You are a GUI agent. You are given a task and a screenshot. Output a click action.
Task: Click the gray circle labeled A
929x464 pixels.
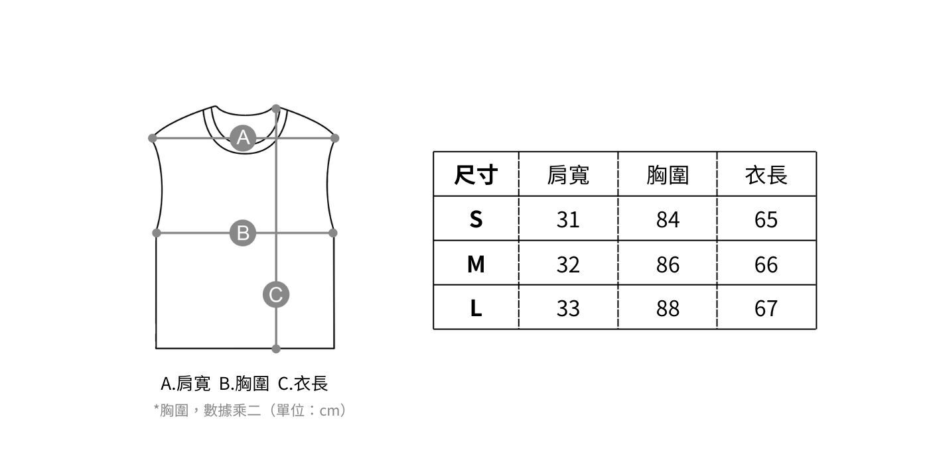[243, 138]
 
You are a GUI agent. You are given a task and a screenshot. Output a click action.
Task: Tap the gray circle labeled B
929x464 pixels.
[243, 233]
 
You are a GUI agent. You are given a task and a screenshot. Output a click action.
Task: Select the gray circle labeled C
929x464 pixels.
[276, 294]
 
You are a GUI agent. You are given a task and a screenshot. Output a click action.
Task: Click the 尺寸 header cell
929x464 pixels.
[476, 175]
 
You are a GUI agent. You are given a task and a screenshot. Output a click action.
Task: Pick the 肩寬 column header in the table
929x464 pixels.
[568, 175]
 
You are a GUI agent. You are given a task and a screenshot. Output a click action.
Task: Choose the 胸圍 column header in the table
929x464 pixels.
[668, 175]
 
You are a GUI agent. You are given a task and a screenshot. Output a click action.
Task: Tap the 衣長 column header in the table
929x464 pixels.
[766, 175]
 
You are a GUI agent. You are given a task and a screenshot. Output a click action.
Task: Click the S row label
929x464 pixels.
[476, 219]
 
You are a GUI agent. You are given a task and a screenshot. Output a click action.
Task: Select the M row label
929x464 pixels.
[476, 264]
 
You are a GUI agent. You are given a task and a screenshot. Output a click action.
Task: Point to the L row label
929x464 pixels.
[476, 308]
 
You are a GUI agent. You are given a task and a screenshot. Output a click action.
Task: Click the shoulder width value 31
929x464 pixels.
[568, 219]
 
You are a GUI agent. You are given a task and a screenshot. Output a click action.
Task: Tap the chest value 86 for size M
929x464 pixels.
[668, 264]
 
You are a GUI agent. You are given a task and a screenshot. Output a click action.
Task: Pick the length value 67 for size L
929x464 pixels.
[766, 308]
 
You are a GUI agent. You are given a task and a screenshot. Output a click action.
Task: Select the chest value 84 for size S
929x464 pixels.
[668, 219]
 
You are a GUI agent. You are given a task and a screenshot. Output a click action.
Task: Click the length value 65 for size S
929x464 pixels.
[766, 219]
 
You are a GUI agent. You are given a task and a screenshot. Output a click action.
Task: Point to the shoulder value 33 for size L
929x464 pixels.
[568, 308]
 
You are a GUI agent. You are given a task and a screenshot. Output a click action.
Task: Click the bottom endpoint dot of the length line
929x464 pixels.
[276, 349]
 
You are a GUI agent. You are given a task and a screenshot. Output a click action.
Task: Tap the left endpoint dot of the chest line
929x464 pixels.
[157, 233]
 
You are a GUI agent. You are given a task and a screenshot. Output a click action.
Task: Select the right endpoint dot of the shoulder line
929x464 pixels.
[334, 138]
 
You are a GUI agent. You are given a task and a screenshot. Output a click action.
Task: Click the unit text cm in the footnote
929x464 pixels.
[329, 411]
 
